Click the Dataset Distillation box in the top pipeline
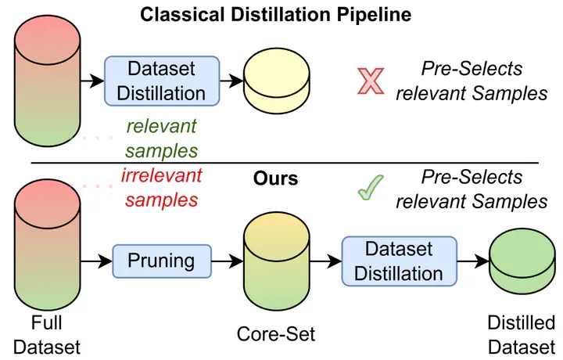point(161,81)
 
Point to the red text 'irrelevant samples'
point(161,187)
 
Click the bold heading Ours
point(275,178)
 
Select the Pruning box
point(163,259)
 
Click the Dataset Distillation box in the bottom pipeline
point(400,261)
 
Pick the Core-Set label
point(276,335)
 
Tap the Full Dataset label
point(46,333)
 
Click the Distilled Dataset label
point(521,333)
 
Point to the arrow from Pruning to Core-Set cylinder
point(228,259)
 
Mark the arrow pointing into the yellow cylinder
point(230,81)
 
